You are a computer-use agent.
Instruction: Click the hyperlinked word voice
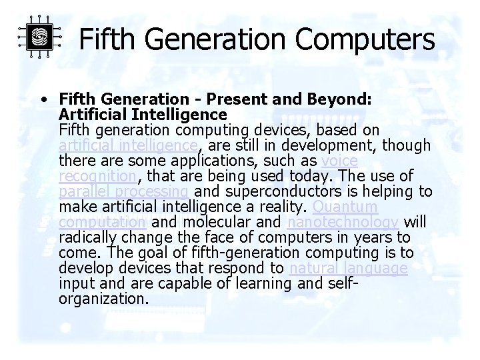[339, 161]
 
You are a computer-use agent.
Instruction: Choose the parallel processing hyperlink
[119, 192]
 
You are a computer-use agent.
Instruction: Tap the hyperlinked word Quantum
[340, 207]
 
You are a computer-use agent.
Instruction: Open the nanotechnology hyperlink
[343, 223]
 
